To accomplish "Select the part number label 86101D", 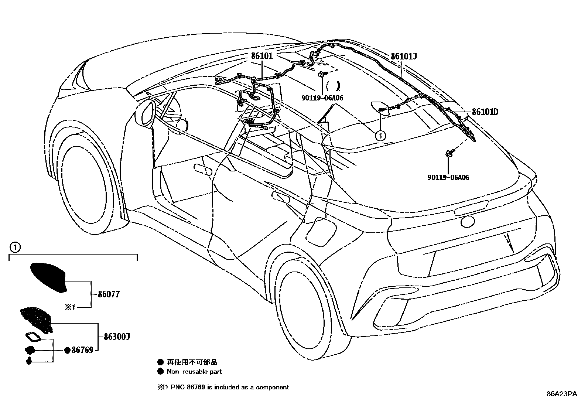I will pos(485,112).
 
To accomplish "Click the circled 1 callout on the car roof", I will pos(380,136).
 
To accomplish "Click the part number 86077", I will pos(109,295).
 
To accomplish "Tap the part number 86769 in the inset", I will pos(82,350).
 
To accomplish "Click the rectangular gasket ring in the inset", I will pos(33,338).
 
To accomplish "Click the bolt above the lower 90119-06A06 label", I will pos(449,153).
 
